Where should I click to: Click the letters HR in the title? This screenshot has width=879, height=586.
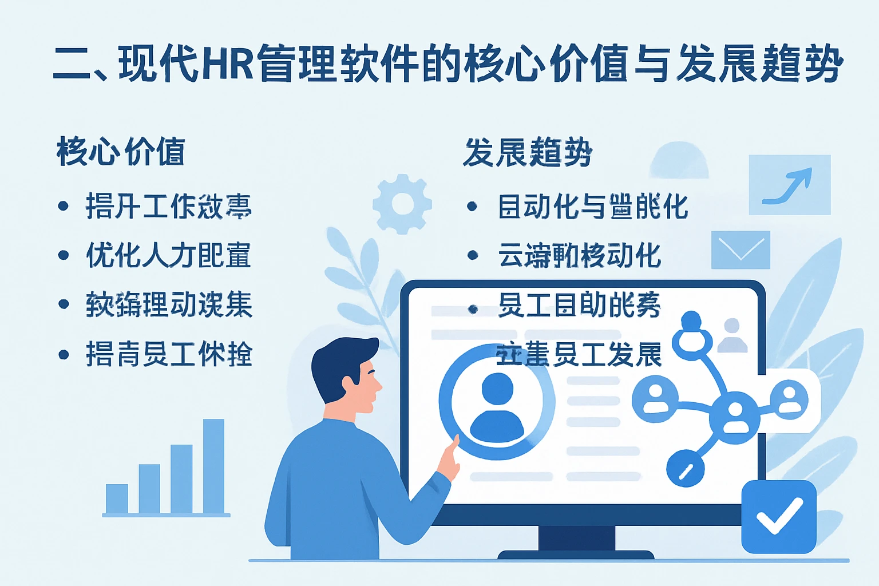[x=228, y=63]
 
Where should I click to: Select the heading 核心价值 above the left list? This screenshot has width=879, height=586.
[x=121, y=152]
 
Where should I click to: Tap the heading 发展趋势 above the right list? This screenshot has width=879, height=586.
[x=527, y=153]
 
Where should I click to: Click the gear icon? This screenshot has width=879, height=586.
[x=402, y=204]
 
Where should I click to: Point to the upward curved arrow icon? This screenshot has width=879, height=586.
[x=789, y=185]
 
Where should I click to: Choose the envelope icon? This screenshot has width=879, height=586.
[x=741, y=250]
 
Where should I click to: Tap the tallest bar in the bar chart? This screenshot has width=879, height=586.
[x=213, y=466]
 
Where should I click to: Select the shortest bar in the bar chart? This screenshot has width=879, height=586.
[x=117, y=498]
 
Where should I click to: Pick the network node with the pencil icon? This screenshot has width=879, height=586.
[x=686, y=468]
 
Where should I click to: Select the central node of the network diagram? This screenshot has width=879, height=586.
[x=734, y=415]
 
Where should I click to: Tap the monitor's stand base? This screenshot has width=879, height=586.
[x=576, y=554]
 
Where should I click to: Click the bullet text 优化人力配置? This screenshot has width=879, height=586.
[x=168, y=255]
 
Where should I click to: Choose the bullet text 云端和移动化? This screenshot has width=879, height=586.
[x=580, y=255]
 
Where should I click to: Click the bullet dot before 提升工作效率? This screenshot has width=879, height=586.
[x=64, y=206]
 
